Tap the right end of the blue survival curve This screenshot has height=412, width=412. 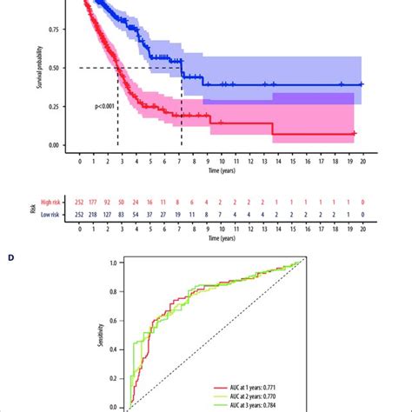point(362,84)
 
